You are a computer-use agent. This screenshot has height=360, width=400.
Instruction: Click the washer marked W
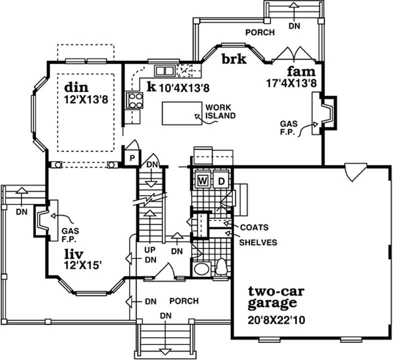pyautogui.click(x=203, y=180)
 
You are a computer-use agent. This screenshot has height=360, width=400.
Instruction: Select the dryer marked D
pyautogui.click(x=221, y=180)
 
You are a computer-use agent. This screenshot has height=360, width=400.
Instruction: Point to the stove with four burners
pyautogui.click(x=134, y=100)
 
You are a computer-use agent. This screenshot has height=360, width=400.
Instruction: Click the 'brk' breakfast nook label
pyautogui.click(x=234, y=59)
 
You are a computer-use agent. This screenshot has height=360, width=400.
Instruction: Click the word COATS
pyautogui.click(x=254, y=227)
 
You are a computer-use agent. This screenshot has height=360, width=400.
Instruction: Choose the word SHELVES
pyautogui.click(x=258, y=242)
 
